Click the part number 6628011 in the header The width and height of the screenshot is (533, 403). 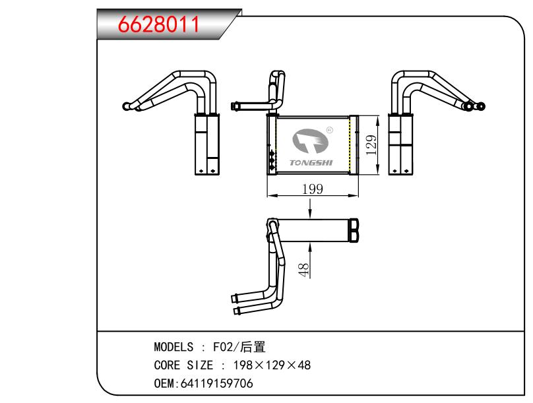(158, 24)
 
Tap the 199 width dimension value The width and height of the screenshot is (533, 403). (311, 189)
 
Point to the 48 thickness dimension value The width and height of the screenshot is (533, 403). (304, 270)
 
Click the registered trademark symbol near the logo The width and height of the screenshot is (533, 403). (330, 131)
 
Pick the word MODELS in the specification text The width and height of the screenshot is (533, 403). (173, 348)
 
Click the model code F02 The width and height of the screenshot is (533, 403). (222, 348)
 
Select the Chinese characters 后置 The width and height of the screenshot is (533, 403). (251, 348)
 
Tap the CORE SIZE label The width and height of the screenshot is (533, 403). (183, 365)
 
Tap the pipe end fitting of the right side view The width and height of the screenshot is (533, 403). (482, 106)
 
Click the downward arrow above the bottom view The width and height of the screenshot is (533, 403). (309, 211)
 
